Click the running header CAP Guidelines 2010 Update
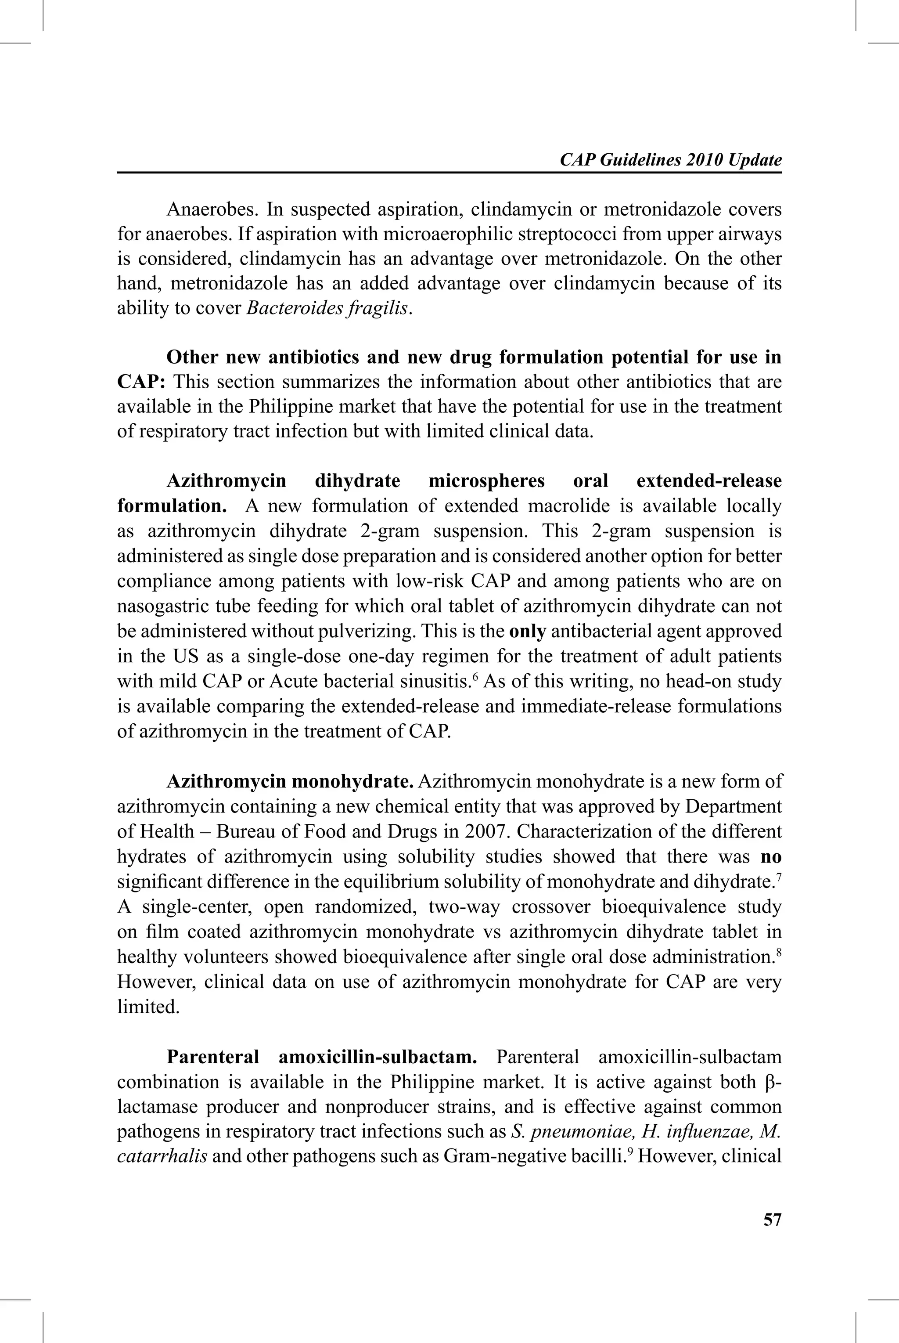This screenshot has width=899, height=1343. [670, 160]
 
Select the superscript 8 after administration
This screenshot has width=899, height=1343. [779, 951]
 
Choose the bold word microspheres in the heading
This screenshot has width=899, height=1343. [486, 481]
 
